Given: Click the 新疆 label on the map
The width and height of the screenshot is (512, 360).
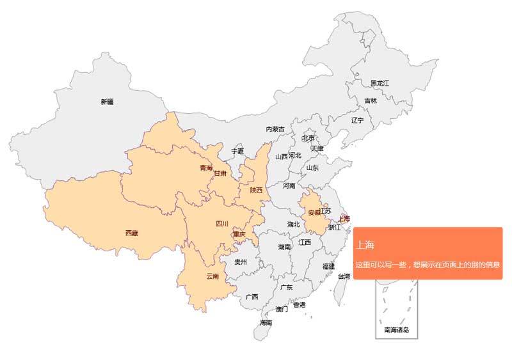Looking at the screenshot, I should pyautogui.click(x=107, y=102).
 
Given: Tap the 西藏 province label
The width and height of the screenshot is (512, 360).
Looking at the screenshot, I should pyautogui.click(x=132, y=233).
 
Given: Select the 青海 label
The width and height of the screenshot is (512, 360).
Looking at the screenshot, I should pyautogui.click(x=205, y=169).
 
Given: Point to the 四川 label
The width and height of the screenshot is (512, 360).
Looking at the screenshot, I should pyautogui.click(x=221, y=224).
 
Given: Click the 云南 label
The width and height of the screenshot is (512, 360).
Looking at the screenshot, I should pyautogui.click(x=212, y=277).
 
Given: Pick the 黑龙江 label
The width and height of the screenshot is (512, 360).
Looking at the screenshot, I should pyautogui.click(x=380, y=83).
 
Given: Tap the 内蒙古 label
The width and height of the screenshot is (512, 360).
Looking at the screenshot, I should pyautogui.click(x=275, y=129).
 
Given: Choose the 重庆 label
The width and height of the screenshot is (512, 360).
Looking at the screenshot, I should pyautogui.click(x=239, y=234).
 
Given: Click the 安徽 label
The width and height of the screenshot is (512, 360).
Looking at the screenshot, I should pyautogui.click(x=314, y=212).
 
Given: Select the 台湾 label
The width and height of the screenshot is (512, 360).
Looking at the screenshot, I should pyautogui.click(x=344, y=277).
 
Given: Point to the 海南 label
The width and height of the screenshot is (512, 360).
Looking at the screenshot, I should pyautogui.click(x=266, y=323).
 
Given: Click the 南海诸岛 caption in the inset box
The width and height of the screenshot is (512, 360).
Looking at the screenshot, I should pyautogui.click(x=396, y=331).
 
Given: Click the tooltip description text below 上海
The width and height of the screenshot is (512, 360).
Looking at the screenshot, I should pyautogui.click(x=427, y=264).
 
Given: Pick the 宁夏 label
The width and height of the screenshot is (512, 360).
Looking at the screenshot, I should pyautogui.click(x=237, y=152).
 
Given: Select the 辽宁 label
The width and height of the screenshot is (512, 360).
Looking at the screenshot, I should pyautogui.click(x=357, y=120).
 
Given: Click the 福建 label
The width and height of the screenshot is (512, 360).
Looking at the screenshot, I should pyautogui.click(x=328, y=265).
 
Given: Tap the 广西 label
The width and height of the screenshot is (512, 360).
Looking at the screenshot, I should pyautogui.click(x=252, y=297).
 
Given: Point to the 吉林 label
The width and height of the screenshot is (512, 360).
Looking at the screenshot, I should pyautogui.click(x=371, y=100).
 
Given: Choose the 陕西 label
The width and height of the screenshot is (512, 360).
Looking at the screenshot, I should pyautogui.click(x=256, y=190).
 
